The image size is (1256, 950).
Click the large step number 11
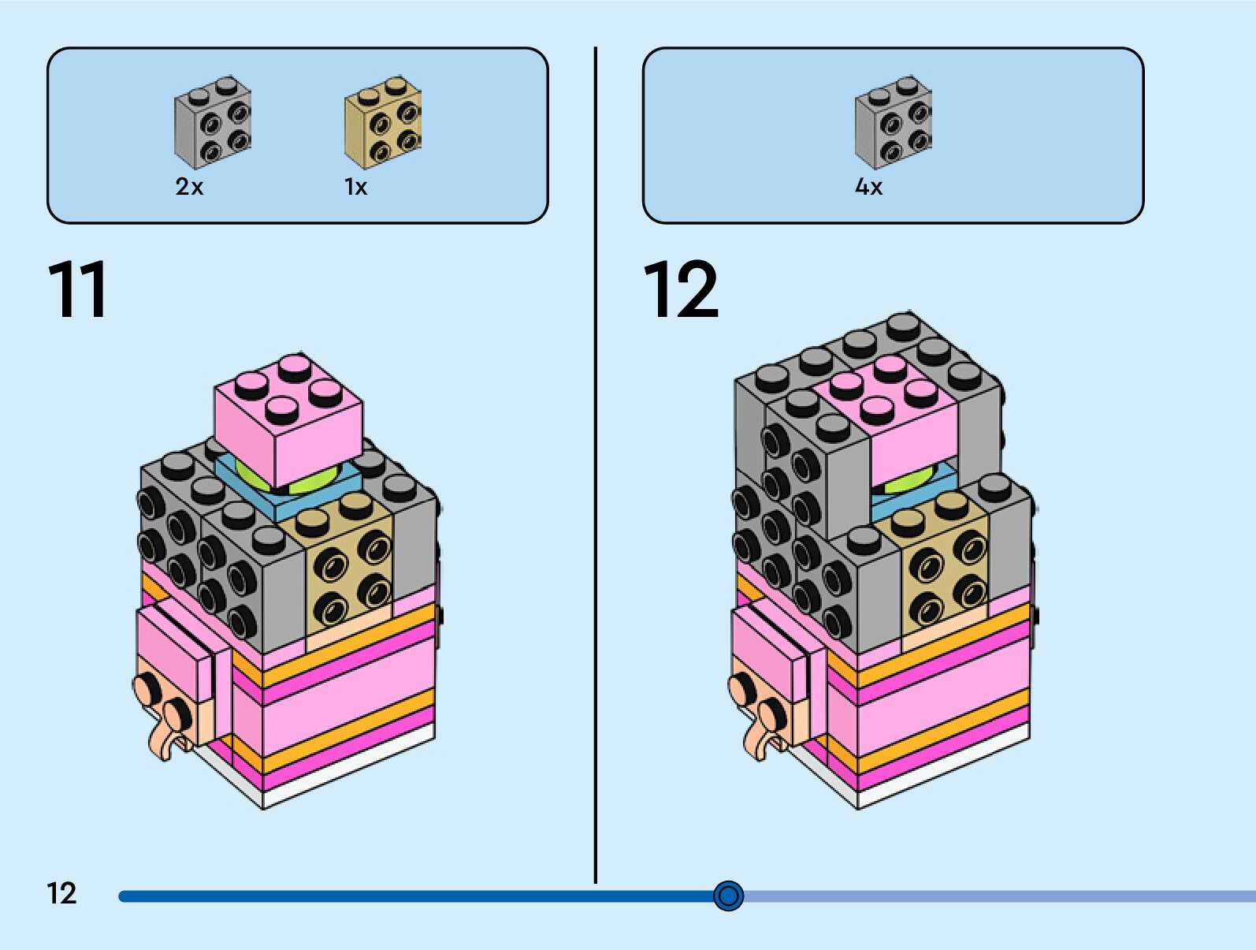pyautogui.click(x=77, y=289)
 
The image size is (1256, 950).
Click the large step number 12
pyautogui.click(x=681, y=289)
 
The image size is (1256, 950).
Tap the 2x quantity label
pyautogui.click(x=189, y=187)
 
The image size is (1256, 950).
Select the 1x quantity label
pyautogui.click(x=355, y=187)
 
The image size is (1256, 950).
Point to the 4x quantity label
pyautogui.click(x=868, y=187)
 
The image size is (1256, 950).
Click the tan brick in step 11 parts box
pyautogui.click(x=383, y=122)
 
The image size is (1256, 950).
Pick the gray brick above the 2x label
pyautogui.click(x=212, y=122)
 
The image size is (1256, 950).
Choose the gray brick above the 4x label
pyautogui.click(x=893, y=122)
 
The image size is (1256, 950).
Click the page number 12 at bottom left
pyautogui.click(x=61, y=893)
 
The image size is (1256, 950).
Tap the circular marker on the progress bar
pyautogui.click(x=728, y=896)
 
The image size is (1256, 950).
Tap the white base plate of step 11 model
pyautogui.click(x=347, y=777)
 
